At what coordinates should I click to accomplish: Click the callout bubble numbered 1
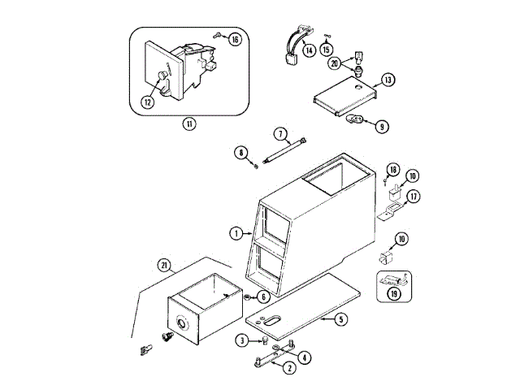click(236, 233)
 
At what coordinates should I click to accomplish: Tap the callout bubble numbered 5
click(342, 319)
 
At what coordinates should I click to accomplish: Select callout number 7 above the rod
click(279, 133)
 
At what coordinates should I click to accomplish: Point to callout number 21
click(165, 266)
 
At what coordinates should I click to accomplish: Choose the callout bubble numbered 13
click(388, 80)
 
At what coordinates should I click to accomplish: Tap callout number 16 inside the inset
click(235, 40)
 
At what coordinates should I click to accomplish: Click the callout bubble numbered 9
click(382, 125)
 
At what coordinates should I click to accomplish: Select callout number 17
click(413, 196)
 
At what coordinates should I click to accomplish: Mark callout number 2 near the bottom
click(288, 367)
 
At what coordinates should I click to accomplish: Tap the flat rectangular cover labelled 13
click(344, 97)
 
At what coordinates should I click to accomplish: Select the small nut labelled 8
click(257, 165)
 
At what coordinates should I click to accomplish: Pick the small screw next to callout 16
click(219, 34)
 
